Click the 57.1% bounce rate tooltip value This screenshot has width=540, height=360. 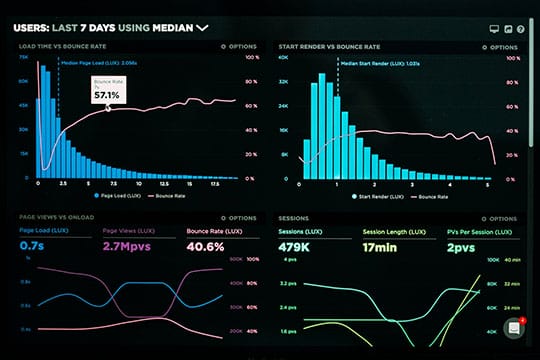[x=107, y=95]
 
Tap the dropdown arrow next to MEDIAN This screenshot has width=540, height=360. [x=203, y=28]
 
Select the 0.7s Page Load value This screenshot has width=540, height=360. [x=31, y=246]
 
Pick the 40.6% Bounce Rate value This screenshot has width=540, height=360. [x=208, y=246]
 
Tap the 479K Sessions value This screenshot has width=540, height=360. [x=296, y=246]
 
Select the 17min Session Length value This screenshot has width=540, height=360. [x=380, y=246]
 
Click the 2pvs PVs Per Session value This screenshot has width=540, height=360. [x=461, y=246]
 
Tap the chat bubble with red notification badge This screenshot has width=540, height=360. [x=514, y=327]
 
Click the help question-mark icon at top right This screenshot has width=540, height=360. [x=521, y=29]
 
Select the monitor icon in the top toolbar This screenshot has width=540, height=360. [x=493, y=29]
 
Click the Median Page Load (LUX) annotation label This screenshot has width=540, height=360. [x=97, y=61]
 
